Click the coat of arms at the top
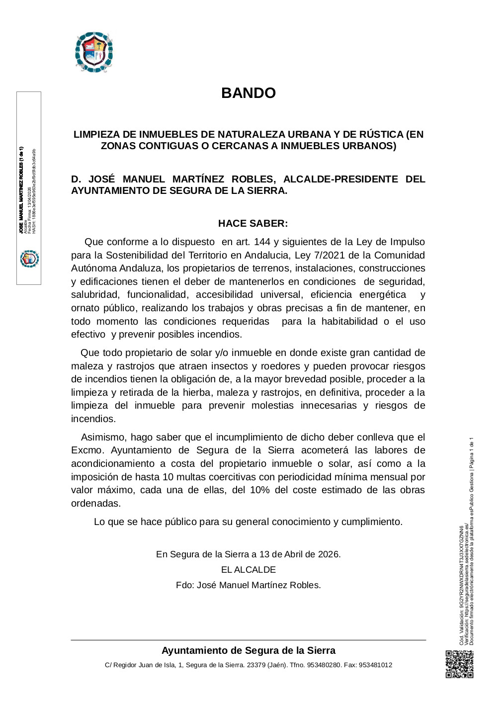[94, 52]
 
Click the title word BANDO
[248, 93]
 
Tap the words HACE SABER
[253, 223]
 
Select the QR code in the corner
[459, 664]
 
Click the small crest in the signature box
[29, 259]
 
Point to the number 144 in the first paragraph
[263, 242]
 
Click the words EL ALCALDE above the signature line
[248, 570]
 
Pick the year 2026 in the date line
[329, 554]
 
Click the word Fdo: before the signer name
[185, 585]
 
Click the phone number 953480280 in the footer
[324, 665]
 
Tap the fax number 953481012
[375, 665]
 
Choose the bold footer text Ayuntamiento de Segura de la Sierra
[248, 650]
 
